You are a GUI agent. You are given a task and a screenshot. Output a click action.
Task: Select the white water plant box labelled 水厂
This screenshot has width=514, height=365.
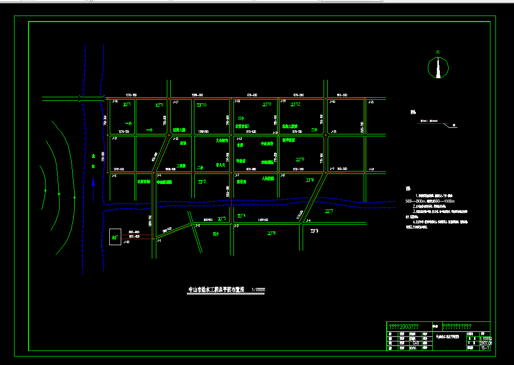coord(115,237)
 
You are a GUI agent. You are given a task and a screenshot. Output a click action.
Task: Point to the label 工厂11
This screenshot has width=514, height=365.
coord(267,104)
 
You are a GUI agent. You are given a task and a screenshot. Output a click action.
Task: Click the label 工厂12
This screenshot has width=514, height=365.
coord(295,104)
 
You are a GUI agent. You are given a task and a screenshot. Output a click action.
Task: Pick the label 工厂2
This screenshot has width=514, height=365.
coord(201,181)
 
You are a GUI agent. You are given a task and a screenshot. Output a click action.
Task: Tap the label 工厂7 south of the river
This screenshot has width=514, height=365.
coord(329,212)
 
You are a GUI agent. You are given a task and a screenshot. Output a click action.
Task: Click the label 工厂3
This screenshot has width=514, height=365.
coord(159,105)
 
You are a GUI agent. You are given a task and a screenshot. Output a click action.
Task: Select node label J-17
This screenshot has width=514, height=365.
coord(175,102)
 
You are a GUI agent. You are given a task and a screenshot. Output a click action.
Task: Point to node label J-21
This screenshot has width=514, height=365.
coord(371,102)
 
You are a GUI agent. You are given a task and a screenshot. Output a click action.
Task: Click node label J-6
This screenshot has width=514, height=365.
coord(159,175)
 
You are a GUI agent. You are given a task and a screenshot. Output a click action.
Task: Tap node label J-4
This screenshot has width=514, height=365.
coord(308,221)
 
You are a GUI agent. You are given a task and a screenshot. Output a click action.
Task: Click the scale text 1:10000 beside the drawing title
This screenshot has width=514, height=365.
coord(258,290)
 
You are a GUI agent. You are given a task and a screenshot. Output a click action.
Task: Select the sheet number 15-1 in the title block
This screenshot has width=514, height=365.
coord(484,347)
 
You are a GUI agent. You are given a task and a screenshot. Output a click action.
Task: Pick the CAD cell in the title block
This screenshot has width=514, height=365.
coord(415,343)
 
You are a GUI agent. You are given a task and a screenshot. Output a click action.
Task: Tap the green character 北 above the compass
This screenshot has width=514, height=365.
coord(437,52)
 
